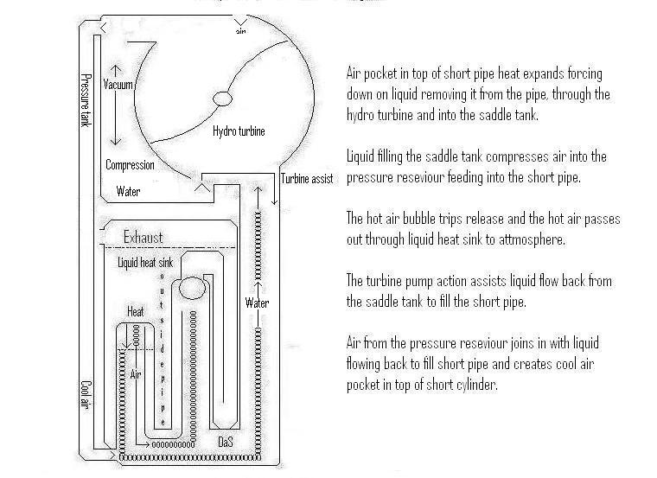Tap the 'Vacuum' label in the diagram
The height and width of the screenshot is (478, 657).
click(118, 85)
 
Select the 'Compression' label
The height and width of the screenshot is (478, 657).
click(130, 165)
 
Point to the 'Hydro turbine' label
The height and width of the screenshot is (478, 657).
click(239, 131)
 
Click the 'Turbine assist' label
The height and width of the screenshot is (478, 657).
click(307, 179)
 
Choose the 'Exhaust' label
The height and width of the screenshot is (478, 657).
click(143, 237)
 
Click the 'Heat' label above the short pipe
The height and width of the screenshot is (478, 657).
click(136, 311)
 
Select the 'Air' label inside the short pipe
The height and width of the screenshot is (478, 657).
click(135, 376)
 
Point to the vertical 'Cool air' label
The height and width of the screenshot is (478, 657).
click(86, 397)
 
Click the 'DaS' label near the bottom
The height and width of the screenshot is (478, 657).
click(225, 442)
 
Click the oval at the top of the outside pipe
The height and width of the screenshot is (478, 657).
click(192, 287)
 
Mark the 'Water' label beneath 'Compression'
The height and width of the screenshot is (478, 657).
click(128, 192)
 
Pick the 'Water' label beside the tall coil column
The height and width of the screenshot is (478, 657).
click(257, 303)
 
